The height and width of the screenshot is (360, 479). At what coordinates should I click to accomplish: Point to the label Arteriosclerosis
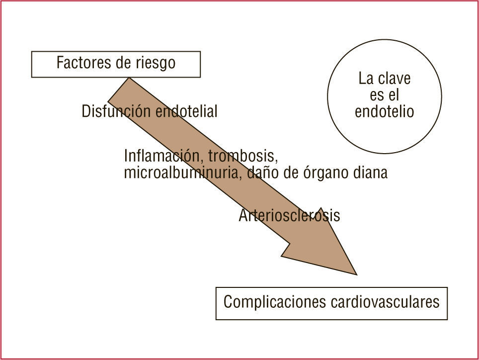click(x=289, y=215)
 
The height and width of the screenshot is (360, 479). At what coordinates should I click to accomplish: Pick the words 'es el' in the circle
click(x=384, y=95)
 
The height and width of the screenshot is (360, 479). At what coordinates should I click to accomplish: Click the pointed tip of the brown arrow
click(x=356, y=274)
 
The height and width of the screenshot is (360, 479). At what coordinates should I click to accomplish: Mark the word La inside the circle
click(x=366, y=79)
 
